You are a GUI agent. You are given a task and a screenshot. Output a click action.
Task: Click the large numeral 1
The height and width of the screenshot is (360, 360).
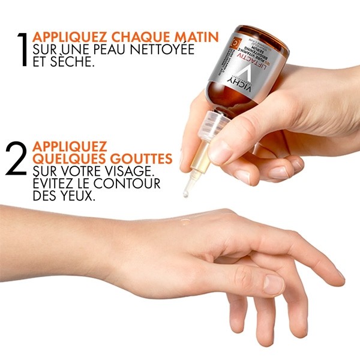click(22, 47)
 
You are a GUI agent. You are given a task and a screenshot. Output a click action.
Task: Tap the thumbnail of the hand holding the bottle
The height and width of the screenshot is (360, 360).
click(223, 152)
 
